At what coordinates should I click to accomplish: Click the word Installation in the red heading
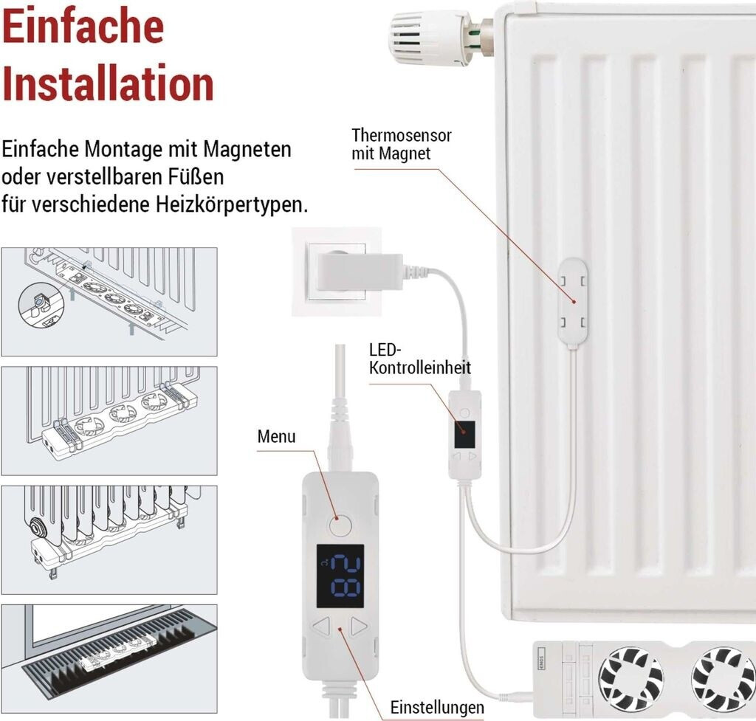pyautogui.click(x=108, y=84)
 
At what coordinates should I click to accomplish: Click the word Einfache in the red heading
pyautogui.click(x=83, y=27)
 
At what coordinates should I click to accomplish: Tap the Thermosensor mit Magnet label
pyautogui.click(x=401, y=144)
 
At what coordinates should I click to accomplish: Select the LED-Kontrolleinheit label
pyautogui.click(x=420, y=359)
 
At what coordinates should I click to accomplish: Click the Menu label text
pyautogui.click(x=276, y=437)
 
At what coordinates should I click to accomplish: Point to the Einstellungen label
pyautogui.click(x=437, y=708)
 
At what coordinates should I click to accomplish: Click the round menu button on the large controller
pyautogui.click(x=340, y=525)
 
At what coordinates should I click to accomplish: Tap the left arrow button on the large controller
pyautogui.click(x=322, y=626)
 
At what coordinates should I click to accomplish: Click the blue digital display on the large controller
pyautogui.click(x=340, y=576)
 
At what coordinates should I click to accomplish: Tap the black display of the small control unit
pyautogui.click(x=464, y=435)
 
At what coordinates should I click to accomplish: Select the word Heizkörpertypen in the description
pyautogui.click(x=231, y=204)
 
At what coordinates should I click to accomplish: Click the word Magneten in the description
pyautogui.click(x=247, y=149)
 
